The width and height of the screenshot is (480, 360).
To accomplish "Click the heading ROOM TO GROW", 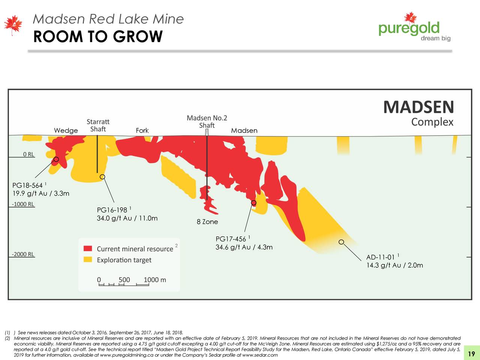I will (x=98, y=37).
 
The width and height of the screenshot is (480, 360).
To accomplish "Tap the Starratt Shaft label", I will (x=98, y=125).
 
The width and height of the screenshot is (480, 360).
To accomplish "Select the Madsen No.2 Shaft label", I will (x=207, y=121).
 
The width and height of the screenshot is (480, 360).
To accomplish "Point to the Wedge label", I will (x=66, y=130).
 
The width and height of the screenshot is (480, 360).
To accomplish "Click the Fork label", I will (x=142, y=130).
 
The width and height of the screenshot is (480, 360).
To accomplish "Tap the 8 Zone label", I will (x=207, y=222).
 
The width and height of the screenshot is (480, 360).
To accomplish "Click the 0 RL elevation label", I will (x=28, y=154).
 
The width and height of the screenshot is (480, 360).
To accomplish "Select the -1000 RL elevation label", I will (x=23, y=204).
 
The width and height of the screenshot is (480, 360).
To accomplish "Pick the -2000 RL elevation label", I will (x=23, y=254).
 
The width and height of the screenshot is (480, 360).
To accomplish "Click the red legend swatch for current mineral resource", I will (x=88, y=249).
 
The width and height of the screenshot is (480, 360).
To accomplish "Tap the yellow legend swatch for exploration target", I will (x=88, y=259).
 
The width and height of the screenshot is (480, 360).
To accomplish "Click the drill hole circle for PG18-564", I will (x=56, y=159).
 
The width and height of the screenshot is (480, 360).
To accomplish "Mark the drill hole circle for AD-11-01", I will (x=341, y=242).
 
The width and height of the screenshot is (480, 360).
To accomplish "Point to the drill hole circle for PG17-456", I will (x=253, y=203).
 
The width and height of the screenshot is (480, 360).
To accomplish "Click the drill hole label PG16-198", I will (x=112, y=210).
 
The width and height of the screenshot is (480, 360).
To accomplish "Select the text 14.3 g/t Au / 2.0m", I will (x=394, y=265).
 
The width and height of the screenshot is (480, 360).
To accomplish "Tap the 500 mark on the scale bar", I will (x=124, y=280).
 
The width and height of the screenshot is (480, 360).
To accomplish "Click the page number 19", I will (x=472, y=354).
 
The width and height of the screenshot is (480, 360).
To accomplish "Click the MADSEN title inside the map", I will (x=418, y=107).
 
